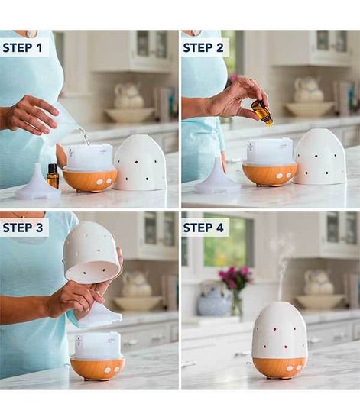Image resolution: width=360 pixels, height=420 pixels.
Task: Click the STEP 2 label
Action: coord(206,47)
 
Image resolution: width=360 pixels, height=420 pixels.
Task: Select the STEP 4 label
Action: coord(206,228)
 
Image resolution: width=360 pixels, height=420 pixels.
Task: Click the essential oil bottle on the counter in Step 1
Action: coord(53,176)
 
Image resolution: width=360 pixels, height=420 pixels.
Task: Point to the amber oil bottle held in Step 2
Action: coord(263,113)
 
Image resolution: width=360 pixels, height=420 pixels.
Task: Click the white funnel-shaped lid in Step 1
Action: coord(36,186)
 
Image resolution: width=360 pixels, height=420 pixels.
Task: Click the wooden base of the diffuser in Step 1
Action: coord(89,179)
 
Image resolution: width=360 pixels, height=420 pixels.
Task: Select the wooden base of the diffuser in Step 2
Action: coord(269,174)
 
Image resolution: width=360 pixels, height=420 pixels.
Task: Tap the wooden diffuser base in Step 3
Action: coord(97,368)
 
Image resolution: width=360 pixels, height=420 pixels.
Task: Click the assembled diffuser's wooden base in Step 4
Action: coord(279,367)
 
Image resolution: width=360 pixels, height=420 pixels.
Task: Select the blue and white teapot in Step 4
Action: coord(214,300)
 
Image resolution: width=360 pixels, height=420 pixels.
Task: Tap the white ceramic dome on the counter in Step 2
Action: coord(319,157)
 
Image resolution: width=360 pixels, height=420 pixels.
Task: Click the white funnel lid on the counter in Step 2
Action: coord(217,183)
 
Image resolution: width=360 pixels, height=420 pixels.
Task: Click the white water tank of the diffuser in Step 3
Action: coord(97,345)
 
